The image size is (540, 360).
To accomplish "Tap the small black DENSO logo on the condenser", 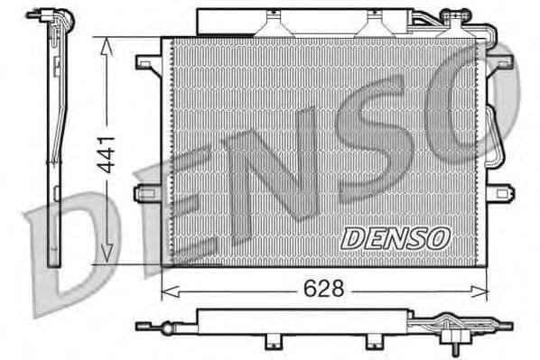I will pyautogui.click(x=395, y=237).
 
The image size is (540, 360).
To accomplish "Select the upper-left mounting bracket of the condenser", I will pyautogui.click(x=147, y=63).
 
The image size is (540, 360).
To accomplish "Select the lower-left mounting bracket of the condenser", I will pyautogui.click(x=147, y=193).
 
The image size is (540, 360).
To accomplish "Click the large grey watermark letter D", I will pyautogui.click(x=72, y=248).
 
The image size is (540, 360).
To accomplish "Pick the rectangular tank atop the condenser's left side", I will pyautogui.click(x=226, y=20).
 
